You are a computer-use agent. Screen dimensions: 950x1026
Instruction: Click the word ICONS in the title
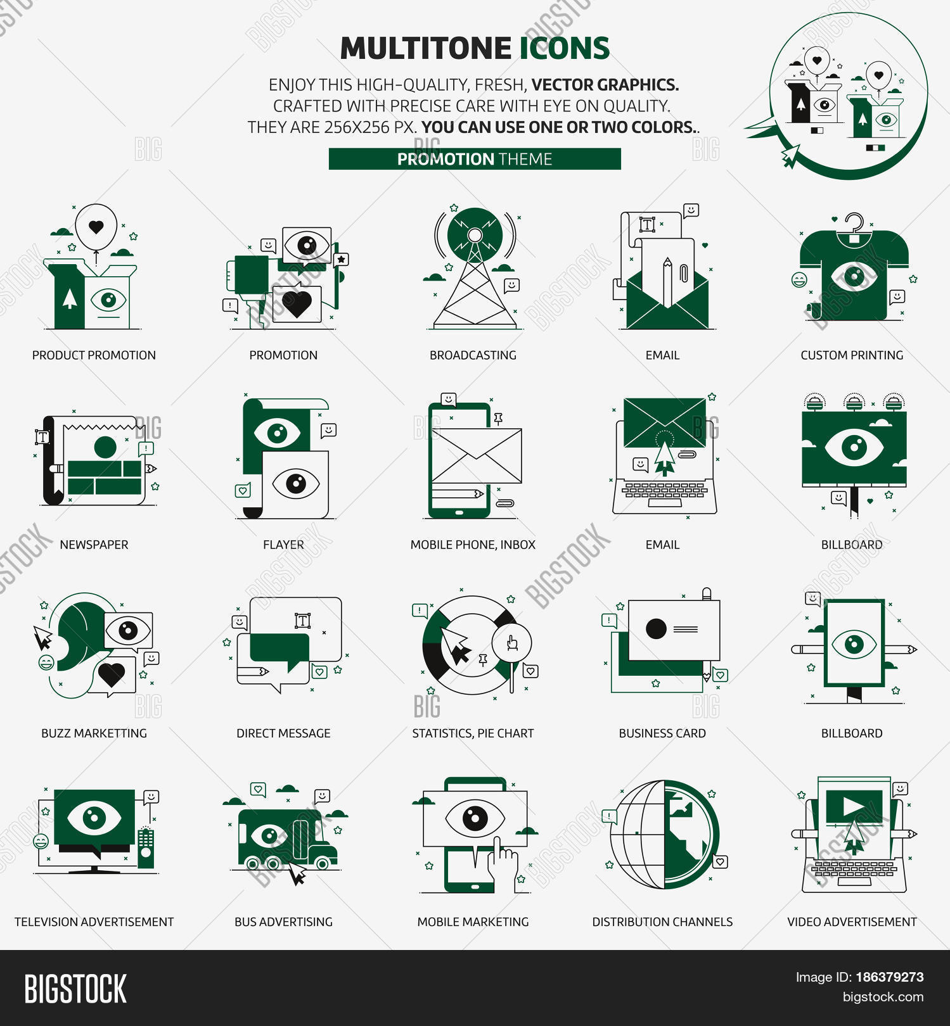pyautogui.click(x=565, y=49)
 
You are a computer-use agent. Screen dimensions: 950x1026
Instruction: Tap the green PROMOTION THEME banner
pyautogui.click(x=475, y=159)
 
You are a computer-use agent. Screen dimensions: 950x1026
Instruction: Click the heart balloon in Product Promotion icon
pyautogui.click(x=96, y=226)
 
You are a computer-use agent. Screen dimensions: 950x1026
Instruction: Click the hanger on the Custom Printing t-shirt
pyautogui.click(x=854, y=225)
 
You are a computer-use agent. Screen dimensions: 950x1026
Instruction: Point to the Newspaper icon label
pyautogui.click(x=94, y=545)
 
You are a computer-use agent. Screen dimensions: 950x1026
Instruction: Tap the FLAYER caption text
pyautogui.click(x=283, y=545)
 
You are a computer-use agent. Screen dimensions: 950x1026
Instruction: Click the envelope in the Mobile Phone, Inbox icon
pyautogui.click(x=476, y=455)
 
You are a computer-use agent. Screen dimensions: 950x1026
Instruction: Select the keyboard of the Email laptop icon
pyautogui.click(x=664, y=491)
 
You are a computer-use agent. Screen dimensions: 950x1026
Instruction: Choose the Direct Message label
pyautogui.click(x=283, y=733)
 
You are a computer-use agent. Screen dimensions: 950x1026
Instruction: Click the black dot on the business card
pyautogui.click(x=656, y=629)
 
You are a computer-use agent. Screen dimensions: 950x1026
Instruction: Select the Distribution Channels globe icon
pyautogui.click(x=664, y=834)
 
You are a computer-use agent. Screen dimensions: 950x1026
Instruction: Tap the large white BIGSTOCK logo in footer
pyautogui.click(x=75, y=989)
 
